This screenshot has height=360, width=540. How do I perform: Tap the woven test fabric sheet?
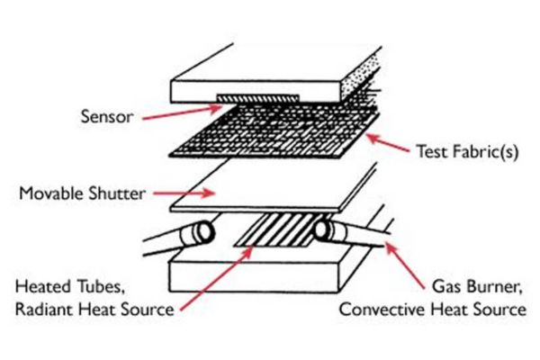[270, 135]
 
